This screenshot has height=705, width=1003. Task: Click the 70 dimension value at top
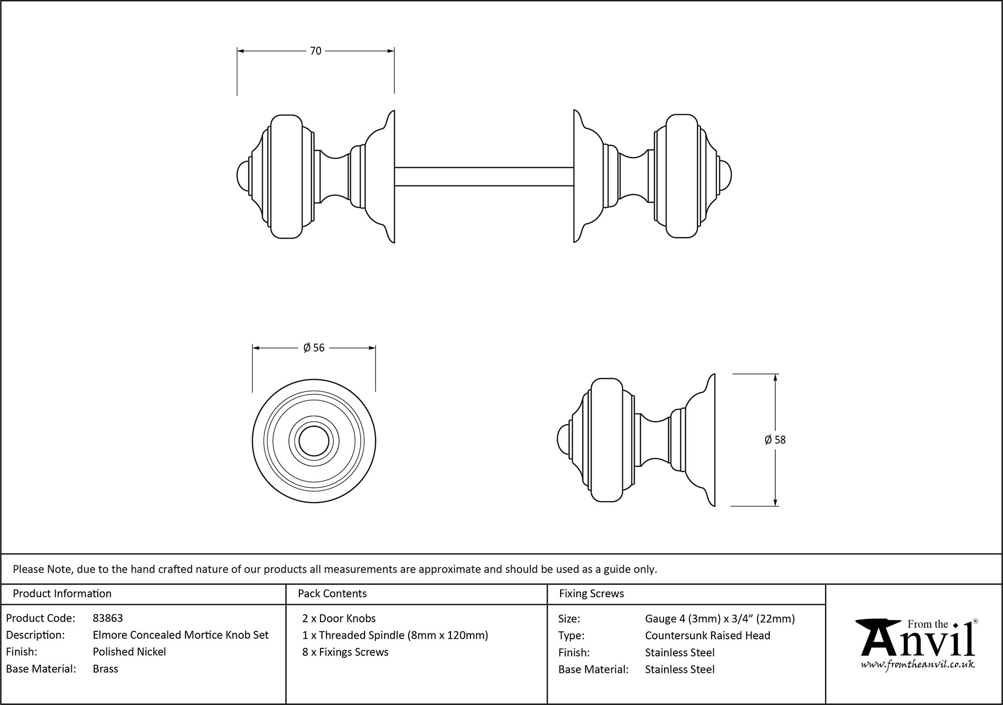coord(315,51)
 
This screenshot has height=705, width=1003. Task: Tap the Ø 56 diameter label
coord(314,348)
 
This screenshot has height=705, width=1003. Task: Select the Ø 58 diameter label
coord(775,440)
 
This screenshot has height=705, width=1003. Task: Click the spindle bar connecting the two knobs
coord(484,177)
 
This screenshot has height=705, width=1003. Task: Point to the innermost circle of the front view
coord(314,442)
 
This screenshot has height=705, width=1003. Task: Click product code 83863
coord(108,618)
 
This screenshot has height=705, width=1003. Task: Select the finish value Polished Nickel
coord(129,652)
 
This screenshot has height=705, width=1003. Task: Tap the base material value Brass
coord(105,669)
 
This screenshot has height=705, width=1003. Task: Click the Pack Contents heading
coord(332,594)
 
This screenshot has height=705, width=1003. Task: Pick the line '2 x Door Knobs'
coord(339,618)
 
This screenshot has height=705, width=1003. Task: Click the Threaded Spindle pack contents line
coord(395,635)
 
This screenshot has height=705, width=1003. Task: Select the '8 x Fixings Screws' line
coord(346,652)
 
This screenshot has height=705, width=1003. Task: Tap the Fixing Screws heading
coord(591,594)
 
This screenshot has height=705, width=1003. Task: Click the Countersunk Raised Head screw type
coord(707,636)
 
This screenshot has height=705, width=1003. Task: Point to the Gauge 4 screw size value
coord(720,619)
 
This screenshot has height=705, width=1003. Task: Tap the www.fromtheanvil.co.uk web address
coord(917,665)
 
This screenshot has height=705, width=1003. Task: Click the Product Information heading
coord(62,594)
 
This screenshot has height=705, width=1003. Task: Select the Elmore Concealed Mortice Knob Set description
coord(181,635)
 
